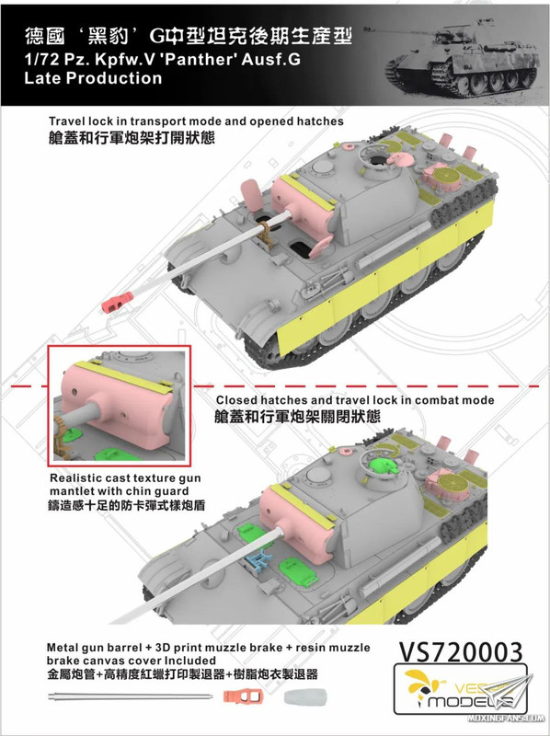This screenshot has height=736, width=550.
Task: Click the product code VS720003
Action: click(x=461, y=652)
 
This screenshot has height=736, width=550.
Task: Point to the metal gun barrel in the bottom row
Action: click(x=130, y=696)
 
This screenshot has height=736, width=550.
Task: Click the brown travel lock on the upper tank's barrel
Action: click(x=264, y=234)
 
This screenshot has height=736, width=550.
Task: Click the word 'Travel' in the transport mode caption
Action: click(x=66, y=121)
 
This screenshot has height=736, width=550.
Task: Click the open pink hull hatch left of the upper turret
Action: click(x=253, y=191)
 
